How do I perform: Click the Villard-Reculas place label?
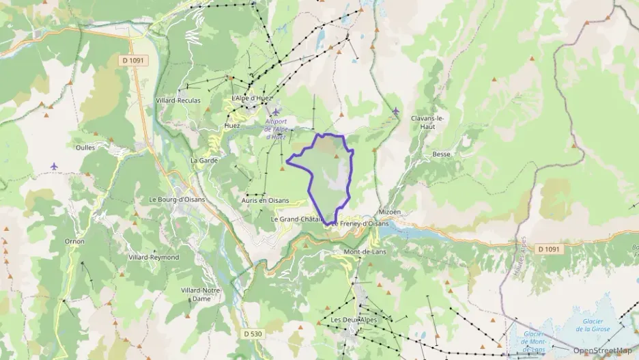click(x=177, y=100)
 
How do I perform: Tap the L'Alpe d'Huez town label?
click(x=252, y=99)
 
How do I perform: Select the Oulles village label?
click(x=85, y=146)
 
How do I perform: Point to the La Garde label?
click(x=203, y=160)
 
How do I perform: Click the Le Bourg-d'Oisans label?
click(x=177, y=199)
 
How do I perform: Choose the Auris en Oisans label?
click(x=265, y=200)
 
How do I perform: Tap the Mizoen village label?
click(x=389, y=212)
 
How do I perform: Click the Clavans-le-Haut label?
click(x=428, y=122)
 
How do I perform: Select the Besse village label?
click(x=442, y=154)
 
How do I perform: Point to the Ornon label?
click(x=74, y=241)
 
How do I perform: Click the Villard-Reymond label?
click(x=154, y=257)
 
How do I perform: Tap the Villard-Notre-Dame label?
click(x=201, y=294)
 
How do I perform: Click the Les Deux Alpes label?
click(x=353, y=320)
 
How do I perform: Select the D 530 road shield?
click(x=252, y=333)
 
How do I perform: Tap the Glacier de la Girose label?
click(x=592, y=325)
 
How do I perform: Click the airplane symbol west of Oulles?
click(x=55, y=166)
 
